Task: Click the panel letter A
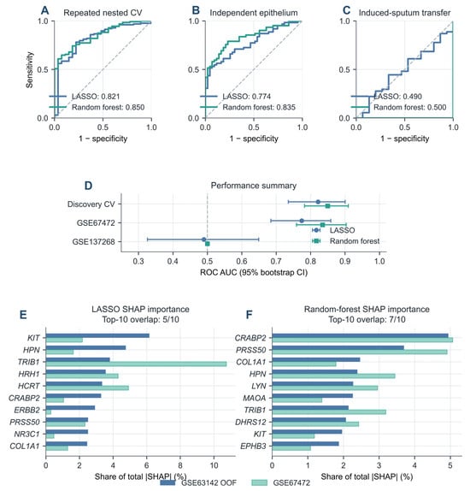[x=45, y=10]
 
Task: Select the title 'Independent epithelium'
[x=254, y=13]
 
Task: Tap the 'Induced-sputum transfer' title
[x=404, y=13]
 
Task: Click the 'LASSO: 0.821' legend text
[x=96, y=97]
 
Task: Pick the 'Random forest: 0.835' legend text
[x=259, y=108]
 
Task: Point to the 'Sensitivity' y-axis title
[x=29, y=70]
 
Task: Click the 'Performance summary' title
[x=254, y=186]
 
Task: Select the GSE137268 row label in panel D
[x=93, y=242]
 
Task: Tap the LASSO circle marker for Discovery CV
[x=318, y=202]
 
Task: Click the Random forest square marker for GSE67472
[x=323, y=225]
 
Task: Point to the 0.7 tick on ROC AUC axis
[x=276, y=261]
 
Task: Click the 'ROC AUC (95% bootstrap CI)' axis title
[x=254, y=272]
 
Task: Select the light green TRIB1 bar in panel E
[x=136, y=364]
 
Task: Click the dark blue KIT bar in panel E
[x=97, y=335]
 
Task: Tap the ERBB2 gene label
[x=26, y=411]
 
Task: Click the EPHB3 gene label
[x=253, y=447]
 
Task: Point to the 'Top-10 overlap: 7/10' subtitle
[x=367, y=320]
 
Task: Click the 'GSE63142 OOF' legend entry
[x=209, y=482]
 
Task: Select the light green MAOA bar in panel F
[x=297, y=400]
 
